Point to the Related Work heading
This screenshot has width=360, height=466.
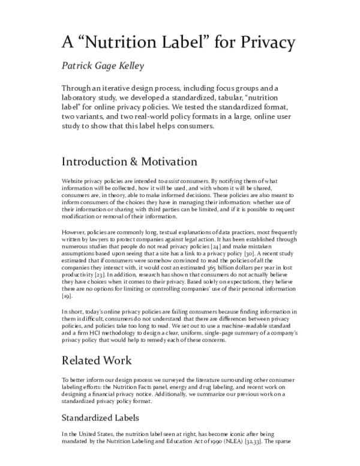(x=100, y=361)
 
